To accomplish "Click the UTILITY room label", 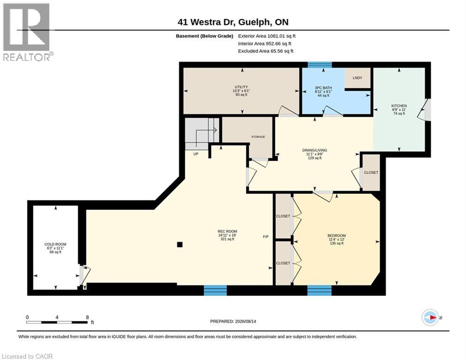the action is pos(241,87).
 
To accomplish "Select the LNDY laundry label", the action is pos(357,78).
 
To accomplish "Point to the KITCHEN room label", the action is pos(399,106).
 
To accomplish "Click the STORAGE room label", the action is pos(258,137).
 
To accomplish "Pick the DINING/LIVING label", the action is pos(315,150).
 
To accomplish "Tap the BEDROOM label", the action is pos(337,236).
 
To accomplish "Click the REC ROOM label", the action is pos(227,231).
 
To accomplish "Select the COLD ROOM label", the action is pos(55,244).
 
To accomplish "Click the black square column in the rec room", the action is pos(180,245).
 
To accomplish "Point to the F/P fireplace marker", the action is pos(266,237).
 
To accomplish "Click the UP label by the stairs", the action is pos(196,154).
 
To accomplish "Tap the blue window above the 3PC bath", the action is pos(319,65).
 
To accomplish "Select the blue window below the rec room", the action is pos(215,290).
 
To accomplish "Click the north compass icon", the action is pos(430,317).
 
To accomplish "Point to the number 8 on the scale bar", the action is pos(87,317).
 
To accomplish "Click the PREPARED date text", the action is pos(233,322).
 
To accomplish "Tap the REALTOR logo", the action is pos(27,32).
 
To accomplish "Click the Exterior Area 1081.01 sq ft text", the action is pos(267,36).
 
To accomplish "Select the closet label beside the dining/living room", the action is pos(371,172).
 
